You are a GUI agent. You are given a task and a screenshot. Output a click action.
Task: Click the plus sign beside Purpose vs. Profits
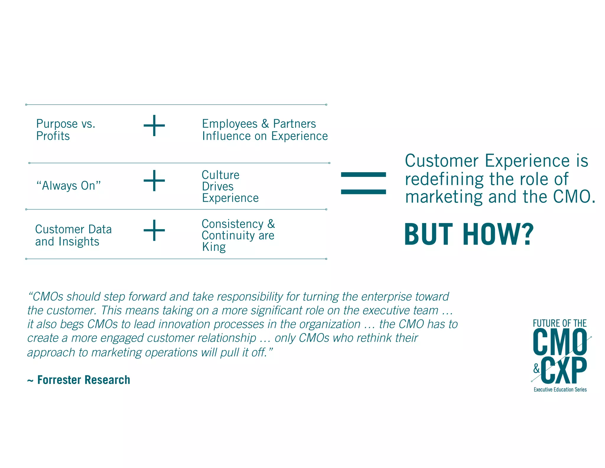click(x=154, y=126)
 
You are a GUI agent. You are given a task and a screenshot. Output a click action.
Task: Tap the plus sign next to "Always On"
click(x=154, y=180)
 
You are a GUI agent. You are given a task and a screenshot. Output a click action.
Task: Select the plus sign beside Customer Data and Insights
click(x=154, y=230)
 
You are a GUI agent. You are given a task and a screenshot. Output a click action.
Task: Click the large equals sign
click(x=363, y=183)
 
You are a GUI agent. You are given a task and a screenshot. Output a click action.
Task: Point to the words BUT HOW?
click(x=469, y=235)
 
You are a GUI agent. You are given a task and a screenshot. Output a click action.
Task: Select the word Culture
click(x=220, y=175)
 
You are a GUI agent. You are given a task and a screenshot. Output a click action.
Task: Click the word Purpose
click(x=57, y=124)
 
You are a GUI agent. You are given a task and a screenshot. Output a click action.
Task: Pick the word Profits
click(x=53, y=136)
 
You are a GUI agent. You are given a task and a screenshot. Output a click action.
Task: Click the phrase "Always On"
click(x=68, y=186)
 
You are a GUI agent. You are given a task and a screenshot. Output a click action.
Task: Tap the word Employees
click(x=230, y=124)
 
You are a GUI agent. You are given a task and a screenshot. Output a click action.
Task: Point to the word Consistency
click(x=232, y=224)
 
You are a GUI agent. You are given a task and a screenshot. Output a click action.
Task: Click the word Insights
click(x=79, y=242)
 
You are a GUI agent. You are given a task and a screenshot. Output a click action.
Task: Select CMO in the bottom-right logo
click(x=560, y=342)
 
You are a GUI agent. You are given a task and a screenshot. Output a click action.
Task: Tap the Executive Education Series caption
click(x=560, y=390)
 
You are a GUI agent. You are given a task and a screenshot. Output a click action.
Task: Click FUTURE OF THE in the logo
click(x=560, y=323)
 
